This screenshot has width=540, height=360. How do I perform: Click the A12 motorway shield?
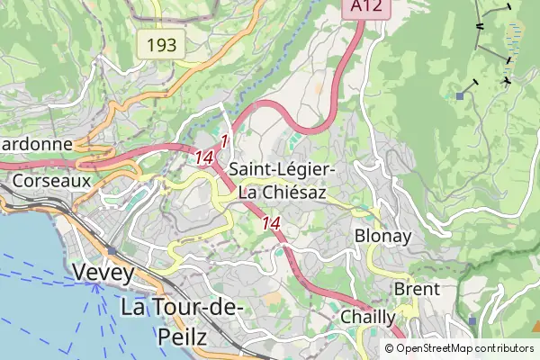tap(361, 8)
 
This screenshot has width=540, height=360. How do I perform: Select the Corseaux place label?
tap(52, 180)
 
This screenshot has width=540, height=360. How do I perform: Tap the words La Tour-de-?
tap(182, 308)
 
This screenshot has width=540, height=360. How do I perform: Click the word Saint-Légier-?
tap(283, 169)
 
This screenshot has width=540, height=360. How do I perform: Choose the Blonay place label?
tap(383, 237)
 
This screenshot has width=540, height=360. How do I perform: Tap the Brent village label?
tap(417, 289)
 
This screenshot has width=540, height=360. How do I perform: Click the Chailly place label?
tap(367, 317)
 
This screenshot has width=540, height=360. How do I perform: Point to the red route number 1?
tap(224, 140)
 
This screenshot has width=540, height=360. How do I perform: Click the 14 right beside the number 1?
tap(203, 157)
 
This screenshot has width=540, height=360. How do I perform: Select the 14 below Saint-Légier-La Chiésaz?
tap(271, 222)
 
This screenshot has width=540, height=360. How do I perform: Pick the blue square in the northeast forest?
tap(460, 94)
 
